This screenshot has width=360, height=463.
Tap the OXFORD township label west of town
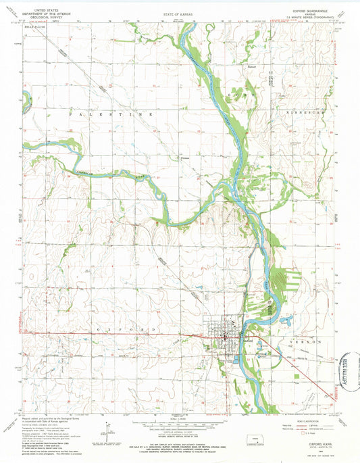tap(128, 328)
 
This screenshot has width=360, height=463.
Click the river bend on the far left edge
tap(26, 103)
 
